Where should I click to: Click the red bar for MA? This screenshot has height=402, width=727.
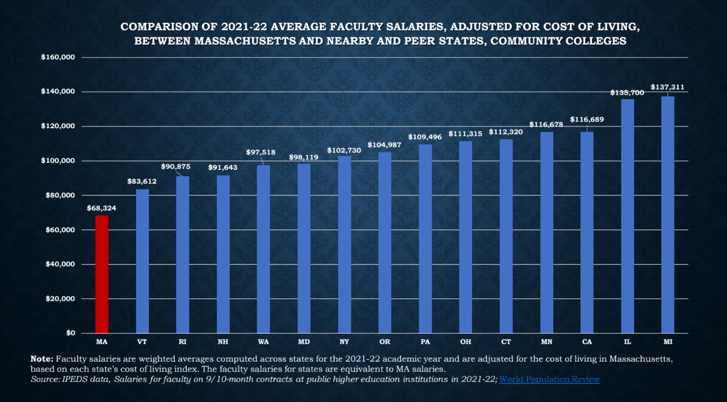tap(102, 274)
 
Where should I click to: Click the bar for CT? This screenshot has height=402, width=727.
tap(506, 236)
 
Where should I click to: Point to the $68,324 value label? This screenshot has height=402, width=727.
tap(102, 208)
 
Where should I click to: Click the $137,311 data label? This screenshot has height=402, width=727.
tap(668, 87)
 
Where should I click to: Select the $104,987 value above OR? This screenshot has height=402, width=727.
tap(385, 144)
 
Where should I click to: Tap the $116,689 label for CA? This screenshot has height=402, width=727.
tap(587, 119)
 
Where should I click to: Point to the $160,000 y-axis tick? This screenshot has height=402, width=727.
tap(59, 57)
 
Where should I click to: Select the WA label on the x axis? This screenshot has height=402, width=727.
tap(263, 342)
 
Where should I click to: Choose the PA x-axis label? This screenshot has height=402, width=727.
tap(425, 342)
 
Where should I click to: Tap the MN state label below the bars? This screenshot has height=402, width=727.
tap(546, 342)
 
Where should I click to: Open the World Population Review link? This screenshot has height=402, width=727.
tap(549, 379)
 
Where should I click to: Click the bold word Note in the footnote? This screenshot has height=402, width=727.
tap(42, 359)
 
